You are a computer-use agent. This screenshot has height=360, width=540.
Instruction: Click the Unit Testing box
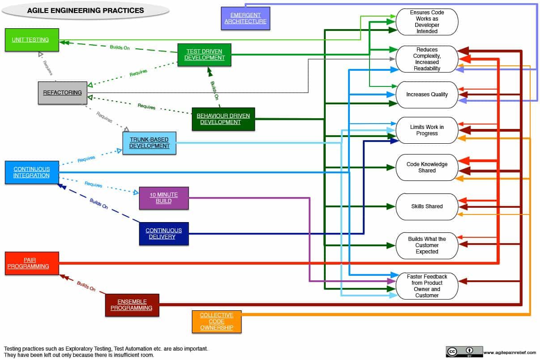click(x=32, y=40)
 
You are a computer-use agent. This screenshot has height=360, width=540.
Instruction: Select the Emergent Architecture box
click(x=245, y=18)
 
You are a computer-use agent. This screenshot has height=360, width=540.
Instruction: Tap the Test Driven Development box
click(x=204, y=55)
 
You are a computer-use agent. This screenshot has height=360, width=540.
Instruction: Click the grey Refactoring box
click(x=62, y=93)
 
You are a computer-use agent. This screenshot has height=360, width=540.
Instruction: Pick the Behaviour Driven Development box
click(x=223, y=119)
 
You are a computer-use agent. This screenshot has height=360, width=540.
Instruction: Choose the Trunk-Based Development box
click(x=149, y=143)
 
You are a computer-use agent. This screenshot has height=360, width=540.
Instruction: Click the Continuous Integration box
click(x=31, y=172)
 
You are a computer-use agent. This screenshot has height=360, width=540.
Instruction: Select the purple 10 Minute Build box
click(x=164, y=198)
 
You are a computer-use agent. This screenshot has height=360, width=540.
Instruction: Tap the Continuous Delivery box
click(x=164, y=234)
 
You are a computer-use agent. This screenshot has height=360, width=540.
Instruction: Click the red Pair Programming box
click(x=31, y=263)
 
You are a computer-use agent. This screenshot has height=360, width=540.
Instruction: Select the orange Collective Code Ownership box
click(x=217, y=321)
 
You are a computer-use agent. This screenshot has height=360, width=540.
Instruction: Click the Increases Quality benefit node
click(x=427, y=94)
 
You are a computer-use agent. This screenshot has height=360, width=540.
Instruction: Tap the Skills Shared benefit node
click(x=427, y=206)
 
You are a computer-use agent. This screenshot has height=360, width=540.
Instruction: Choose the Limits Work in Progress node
click(x=427, y=130)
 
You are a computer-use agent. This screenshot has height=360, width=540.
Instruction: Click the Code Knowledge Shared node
click(x=427, y=167)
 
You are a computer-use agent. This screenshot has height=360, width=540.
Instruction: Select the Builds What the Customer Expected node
click(x=427, y=245)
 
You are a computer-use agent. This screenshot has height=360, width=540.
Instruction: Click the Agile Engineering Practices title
click(x=86, y=10)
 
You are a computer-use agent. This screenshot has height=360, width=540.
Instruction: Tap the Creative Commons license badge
click(x=464, y=351)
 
